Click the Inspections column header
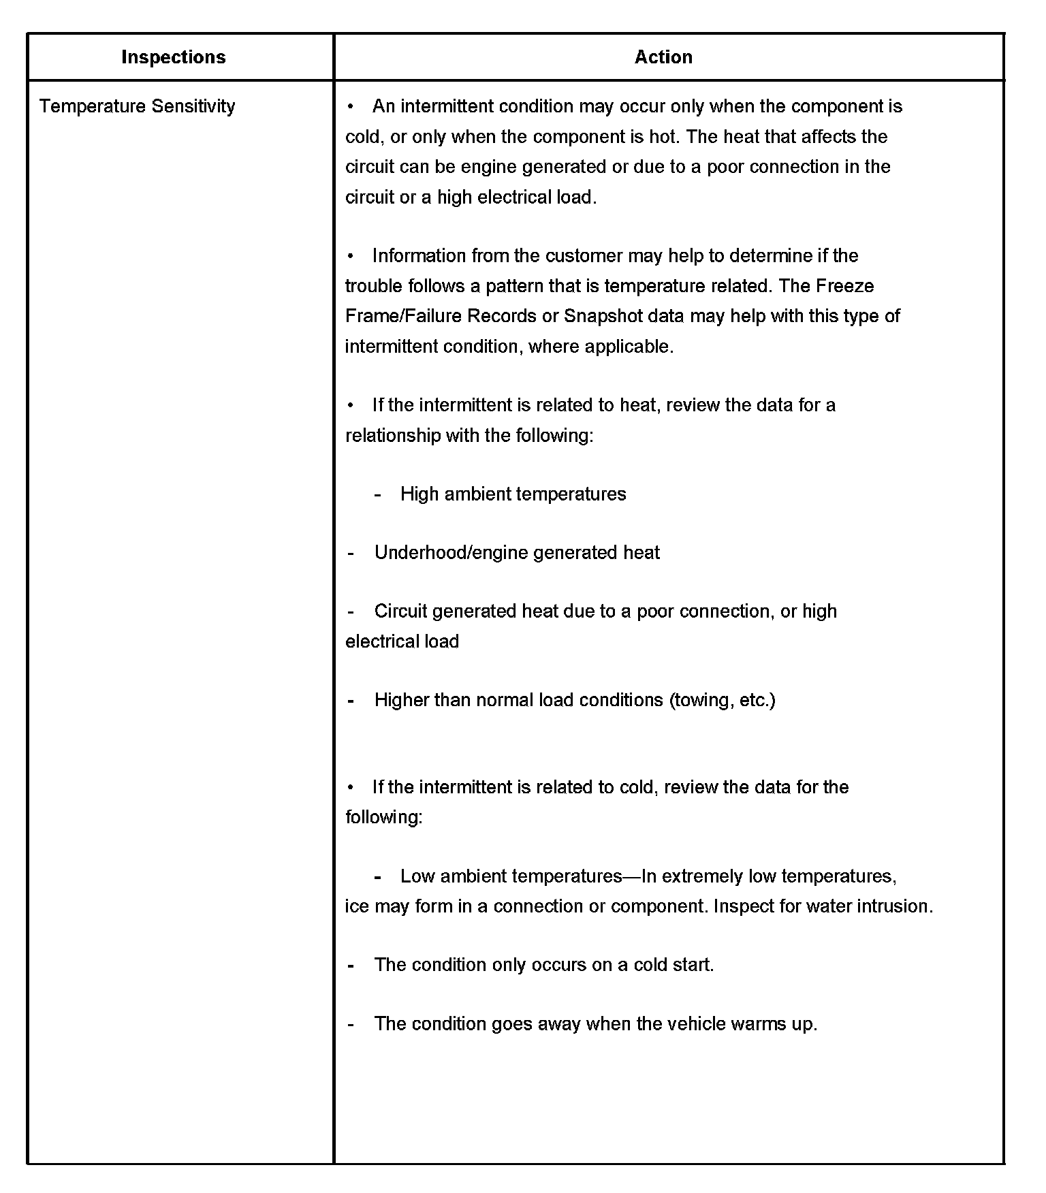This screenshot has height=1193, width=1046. point(173,57)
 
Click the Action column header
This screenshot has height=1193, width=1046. point(663,57)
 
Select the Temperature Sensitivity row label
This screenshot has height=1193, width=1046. point(137,106)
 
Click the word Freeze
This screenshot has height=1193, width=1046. point(844,286)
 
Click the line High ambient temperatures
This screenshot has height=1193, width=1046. point(513,494)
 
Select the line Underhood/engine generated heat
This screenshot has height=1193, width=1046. point(517,553)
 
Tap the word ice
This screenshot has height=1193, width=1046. point(357,906)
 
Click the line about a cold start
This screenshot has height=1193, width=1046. point(543,965)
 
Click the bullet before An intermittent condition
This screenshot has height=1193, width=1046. point(350,107)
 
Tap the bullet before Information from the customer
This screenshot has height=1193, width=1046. point(350,257)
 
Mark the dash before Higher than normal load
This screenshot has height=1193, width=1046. point(351,701)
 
